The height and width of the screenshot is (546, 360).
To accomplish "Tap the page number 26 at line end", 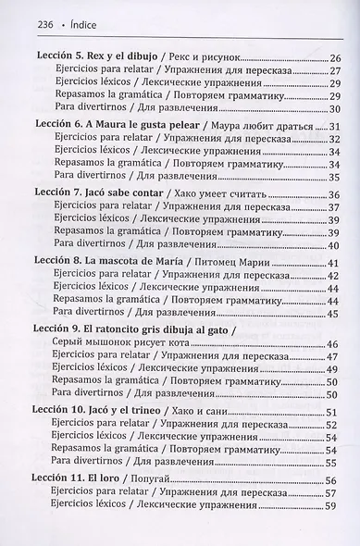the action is click(x=335, y=58).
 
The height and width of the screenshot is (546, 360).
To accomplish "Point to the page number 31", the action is click(x=335, y=127).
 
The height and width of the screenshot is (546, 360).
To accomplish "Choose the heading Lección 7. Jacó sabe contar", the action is click(x=106, y=194).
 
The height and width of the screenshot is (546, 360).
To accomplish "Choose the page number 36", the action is click(x=335, y=195).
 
